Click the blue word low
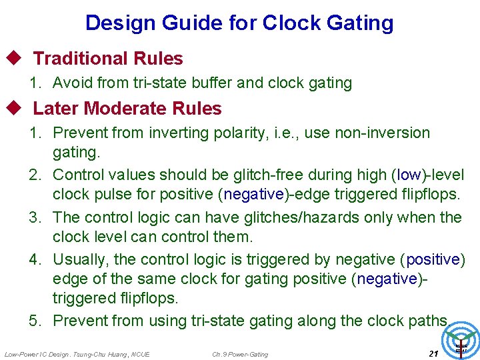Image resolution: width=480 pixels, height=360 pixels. (409, 175)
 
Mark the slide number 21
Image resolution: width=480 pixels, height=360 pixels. (433, 353)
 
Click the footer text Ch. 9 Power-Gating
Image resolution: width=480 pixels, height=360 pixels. (240, 354)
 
